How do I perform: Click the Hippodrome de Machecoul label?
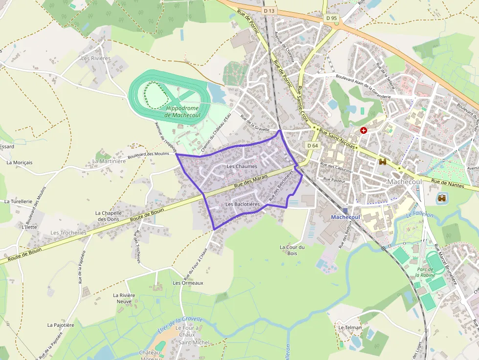182,111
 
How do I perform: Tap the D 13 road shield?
269,10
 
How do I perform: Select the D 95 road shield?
331,18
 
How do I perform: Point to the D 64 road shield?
313,146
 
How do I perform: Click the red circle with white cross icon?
363,130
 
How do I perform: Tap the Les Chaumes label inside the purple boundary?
242,167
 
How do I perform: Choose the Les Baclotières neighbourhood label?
242,204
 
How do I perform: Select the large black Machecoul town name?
404,182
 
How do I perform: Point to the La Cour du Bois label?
292,250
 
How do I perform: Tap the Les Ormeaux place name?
188,283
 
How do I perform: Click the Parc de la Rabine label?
425,272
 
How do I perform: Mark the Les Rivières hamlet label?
95,58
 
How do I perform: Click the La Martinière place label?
109,161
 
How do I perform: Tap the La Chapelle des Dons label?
107,216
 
